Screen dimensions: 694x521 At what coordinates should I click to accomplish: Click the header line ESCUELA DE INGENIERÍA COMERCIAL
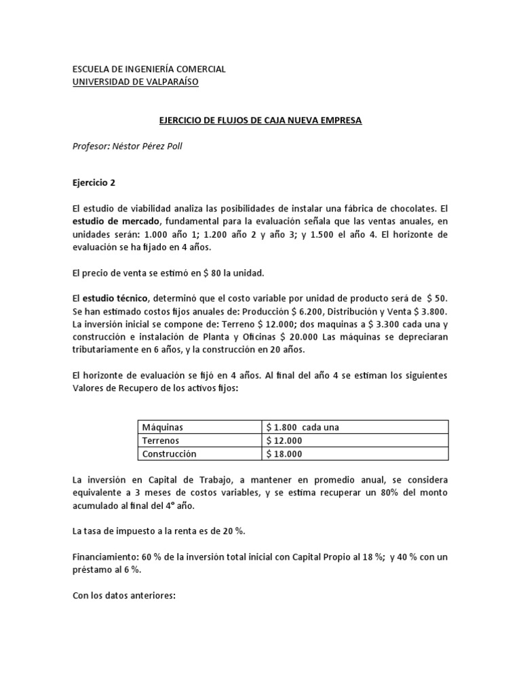149,69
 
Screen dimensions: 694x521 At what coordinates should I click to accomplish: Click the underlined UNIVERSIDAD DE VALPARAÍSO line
136,82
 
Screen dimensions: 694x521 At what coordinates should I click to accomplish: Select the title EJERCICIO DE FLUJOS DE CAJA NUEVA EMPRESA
260,121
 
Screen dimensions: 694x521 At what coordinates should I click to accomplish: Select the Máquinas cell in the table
163,427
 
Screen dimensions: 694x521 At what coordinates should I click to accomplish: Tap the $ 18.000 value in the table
284,453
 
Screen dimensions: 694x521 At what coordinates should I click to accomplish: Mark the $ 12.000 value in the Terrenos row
284,441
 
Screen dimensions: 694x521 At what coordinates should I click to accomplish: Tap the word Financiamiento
103,556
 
